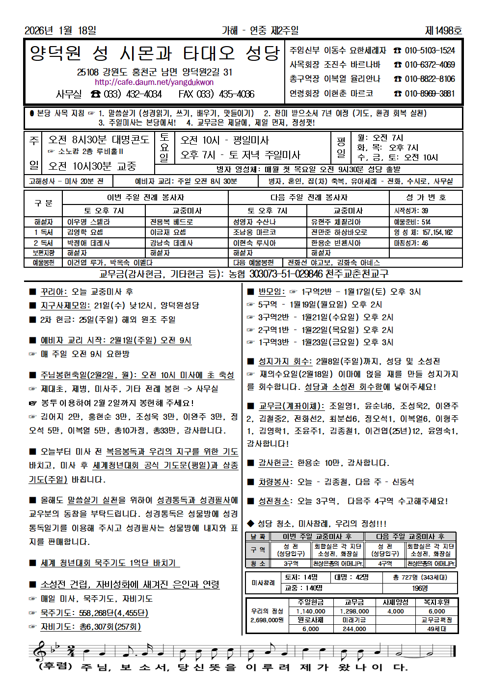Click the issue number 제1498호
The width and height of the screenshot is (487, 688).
pos(443,30)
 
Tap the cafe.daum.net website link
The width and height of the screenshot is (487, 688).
pos(154,82)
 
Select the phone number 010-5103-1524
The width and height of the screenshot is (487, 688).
pos(430,51)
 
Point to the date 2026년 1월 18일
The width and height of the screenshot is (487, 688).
pos(60,30)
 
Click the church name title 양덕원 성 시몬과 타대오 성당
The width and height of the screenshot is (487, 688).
pos(154,53)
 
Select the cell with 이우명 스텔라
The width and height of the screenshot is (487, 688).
pos(89,222)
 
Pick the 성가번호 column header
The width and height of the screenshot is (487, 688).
pos(426,197)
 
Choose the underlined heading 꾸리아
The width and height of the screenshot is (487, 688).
pos(54,292)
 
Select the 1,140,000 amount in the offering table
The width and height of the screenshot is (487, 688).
pos(310,611)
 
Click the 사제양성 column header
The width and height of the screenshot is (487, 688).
pos(395,602)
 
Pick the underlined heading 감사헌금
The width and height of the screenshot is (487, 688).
pos(275,463)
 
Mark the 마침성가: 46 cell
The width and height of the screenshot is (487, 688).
pos(411,243)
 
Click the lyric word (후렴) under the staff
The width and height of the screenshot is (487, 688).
pos(55,667)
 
